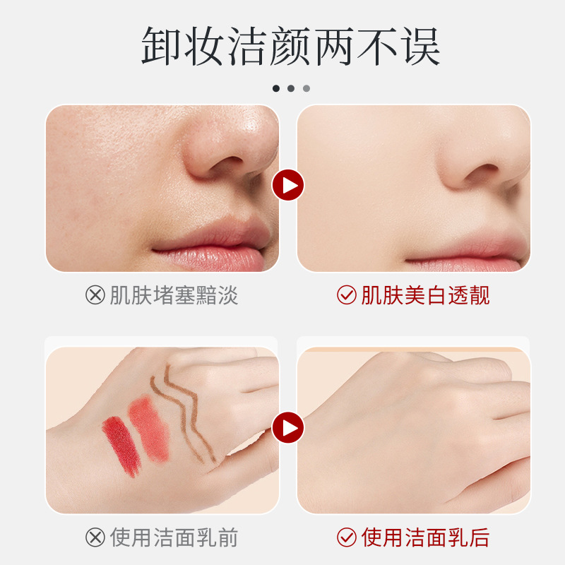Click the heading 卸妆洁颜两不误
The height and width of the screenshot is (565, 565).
pos(290,46)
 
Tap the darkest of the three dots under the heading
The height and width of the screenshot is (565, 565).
pos(276,88)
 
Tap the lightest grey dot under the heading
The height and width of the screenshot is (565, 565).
pos(307,88)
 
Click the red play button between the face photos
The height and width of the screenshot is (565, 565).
pos(288,185)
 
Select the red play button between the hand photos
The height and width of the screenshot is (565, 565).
pos(288,428)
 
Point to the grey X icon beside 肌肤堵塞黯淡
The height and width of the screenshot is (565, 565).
pos(95,295)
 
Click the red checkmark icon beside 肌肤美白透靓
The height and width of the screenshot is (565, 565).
pos(347,295)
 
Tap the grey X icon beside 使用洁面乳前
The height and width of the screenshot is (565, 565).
pos(95,537)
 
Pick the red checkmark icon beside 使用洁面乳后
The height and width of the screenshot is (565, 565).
pos(347,537)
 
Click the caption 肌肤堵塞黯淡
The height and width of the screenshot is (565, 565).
pos(174,295)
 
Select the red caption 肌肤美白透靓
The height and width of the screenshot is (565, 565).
pos(426,295)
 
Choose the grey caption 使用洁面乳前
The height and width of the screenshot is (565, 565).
pos(174,537)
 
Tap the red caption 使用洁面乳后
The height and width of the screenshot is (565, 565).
pos(426,537)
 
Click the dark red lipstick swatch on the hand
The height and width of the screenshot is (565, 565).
pos(121,446)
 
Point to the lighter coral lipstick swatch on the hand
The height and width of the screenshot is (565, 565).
pos(149,428)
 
